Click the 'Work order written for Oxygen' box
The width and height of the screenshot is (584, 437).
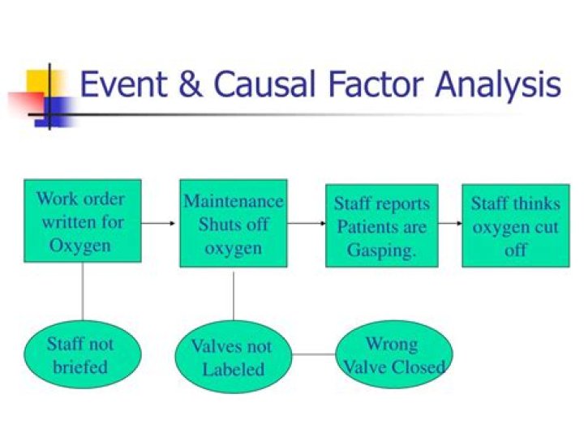(x=83, y=221)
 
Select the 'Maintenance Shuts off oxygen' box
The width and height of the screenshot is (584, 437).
(x=233, y=223)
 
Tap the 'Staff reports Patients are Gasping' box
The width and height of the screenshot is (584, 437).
(x=381, y=226)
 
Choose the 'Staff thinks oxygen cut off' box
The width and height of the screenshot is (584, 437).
(x=515, y=226)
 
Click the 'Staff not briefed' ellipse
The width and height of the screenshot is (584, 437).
(x=80, y=354)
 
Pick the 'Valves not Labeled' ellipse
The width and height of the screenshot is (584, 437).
(x=234, y=358)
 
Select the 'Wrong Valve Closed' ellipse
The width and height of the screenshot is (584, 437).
(x=394, y=354)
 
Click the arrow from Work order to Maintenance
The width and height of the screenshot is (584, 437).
(x=160, y=221)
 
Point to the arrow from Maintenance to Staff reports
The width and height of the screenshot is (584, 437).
(x=306, y=221)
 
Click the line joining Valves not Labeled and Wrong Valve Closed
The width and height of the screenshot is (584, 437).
(x=315, y=354)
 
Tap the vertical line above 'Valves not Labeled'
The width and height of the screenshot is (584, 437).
(x=234, y=296)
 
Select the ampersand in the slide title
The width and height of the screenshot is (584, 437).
(x=189, y=85)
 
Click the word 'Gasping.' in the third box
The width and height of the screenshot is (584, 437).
(x=381, y=250)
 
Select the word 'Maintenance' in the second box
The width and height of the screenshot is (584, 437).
(x=234, y=201)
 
